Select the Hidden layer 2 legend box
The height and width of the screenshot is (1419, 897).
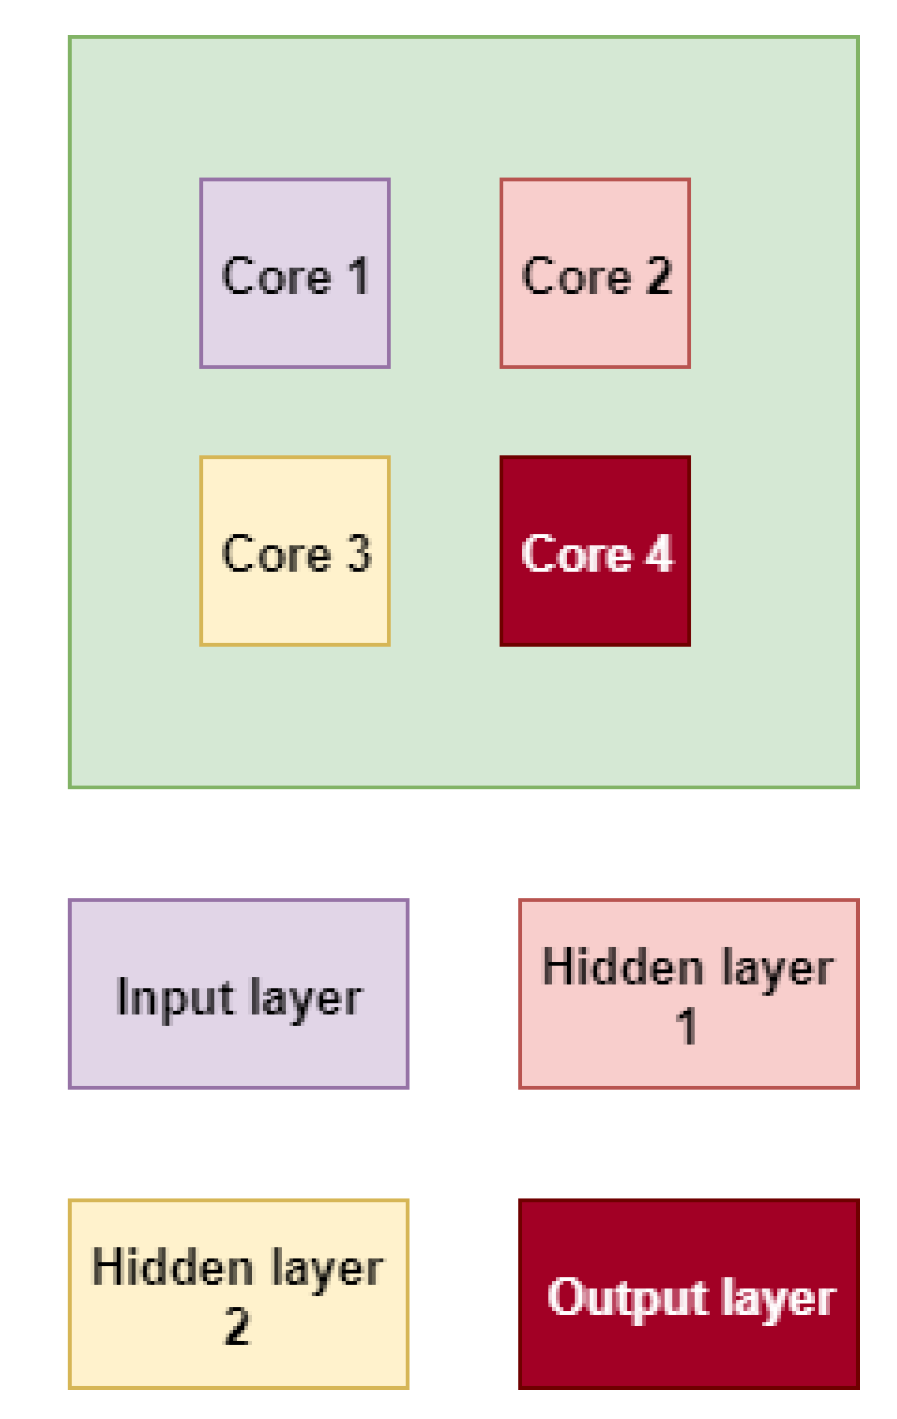coord(238,1293)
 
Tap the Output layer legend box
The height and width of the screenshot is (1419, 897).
coord(689,1293)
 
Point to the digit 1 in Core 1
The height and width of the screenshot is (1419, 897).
coord(359,275)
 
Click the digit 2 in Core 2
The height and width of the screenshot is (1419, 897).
coord(659,275)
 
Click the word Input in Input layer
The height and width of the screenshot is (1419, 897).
coord(176,998)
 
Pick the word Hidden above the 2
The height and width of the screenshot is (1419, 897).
coord(172,1267)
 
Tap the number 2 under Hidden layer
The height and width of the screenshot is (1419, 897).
coord(237,1326)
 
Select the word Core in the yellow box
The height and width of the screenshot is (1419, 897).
coord(276,554)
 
